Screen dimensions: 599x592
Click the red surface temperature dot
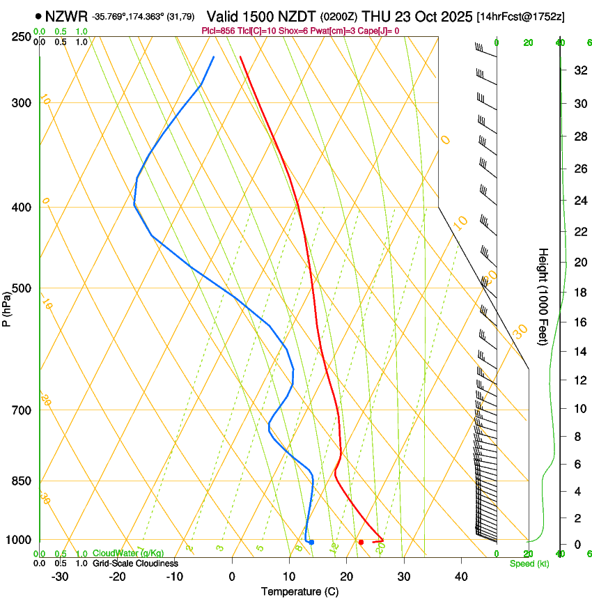361,542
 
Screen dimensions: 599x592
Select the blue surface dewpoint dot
311,542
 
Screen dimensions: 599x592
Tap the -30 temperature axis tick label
59,577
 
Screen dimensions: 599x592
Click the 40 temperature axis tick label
460,577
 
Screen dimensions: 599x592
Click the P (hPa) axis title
7,307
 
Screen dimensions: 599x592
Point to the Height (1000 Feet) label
544,296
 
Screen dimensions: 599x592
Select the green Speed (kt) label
529,563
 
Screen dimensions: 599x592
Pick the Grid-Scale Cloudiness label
135,563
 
